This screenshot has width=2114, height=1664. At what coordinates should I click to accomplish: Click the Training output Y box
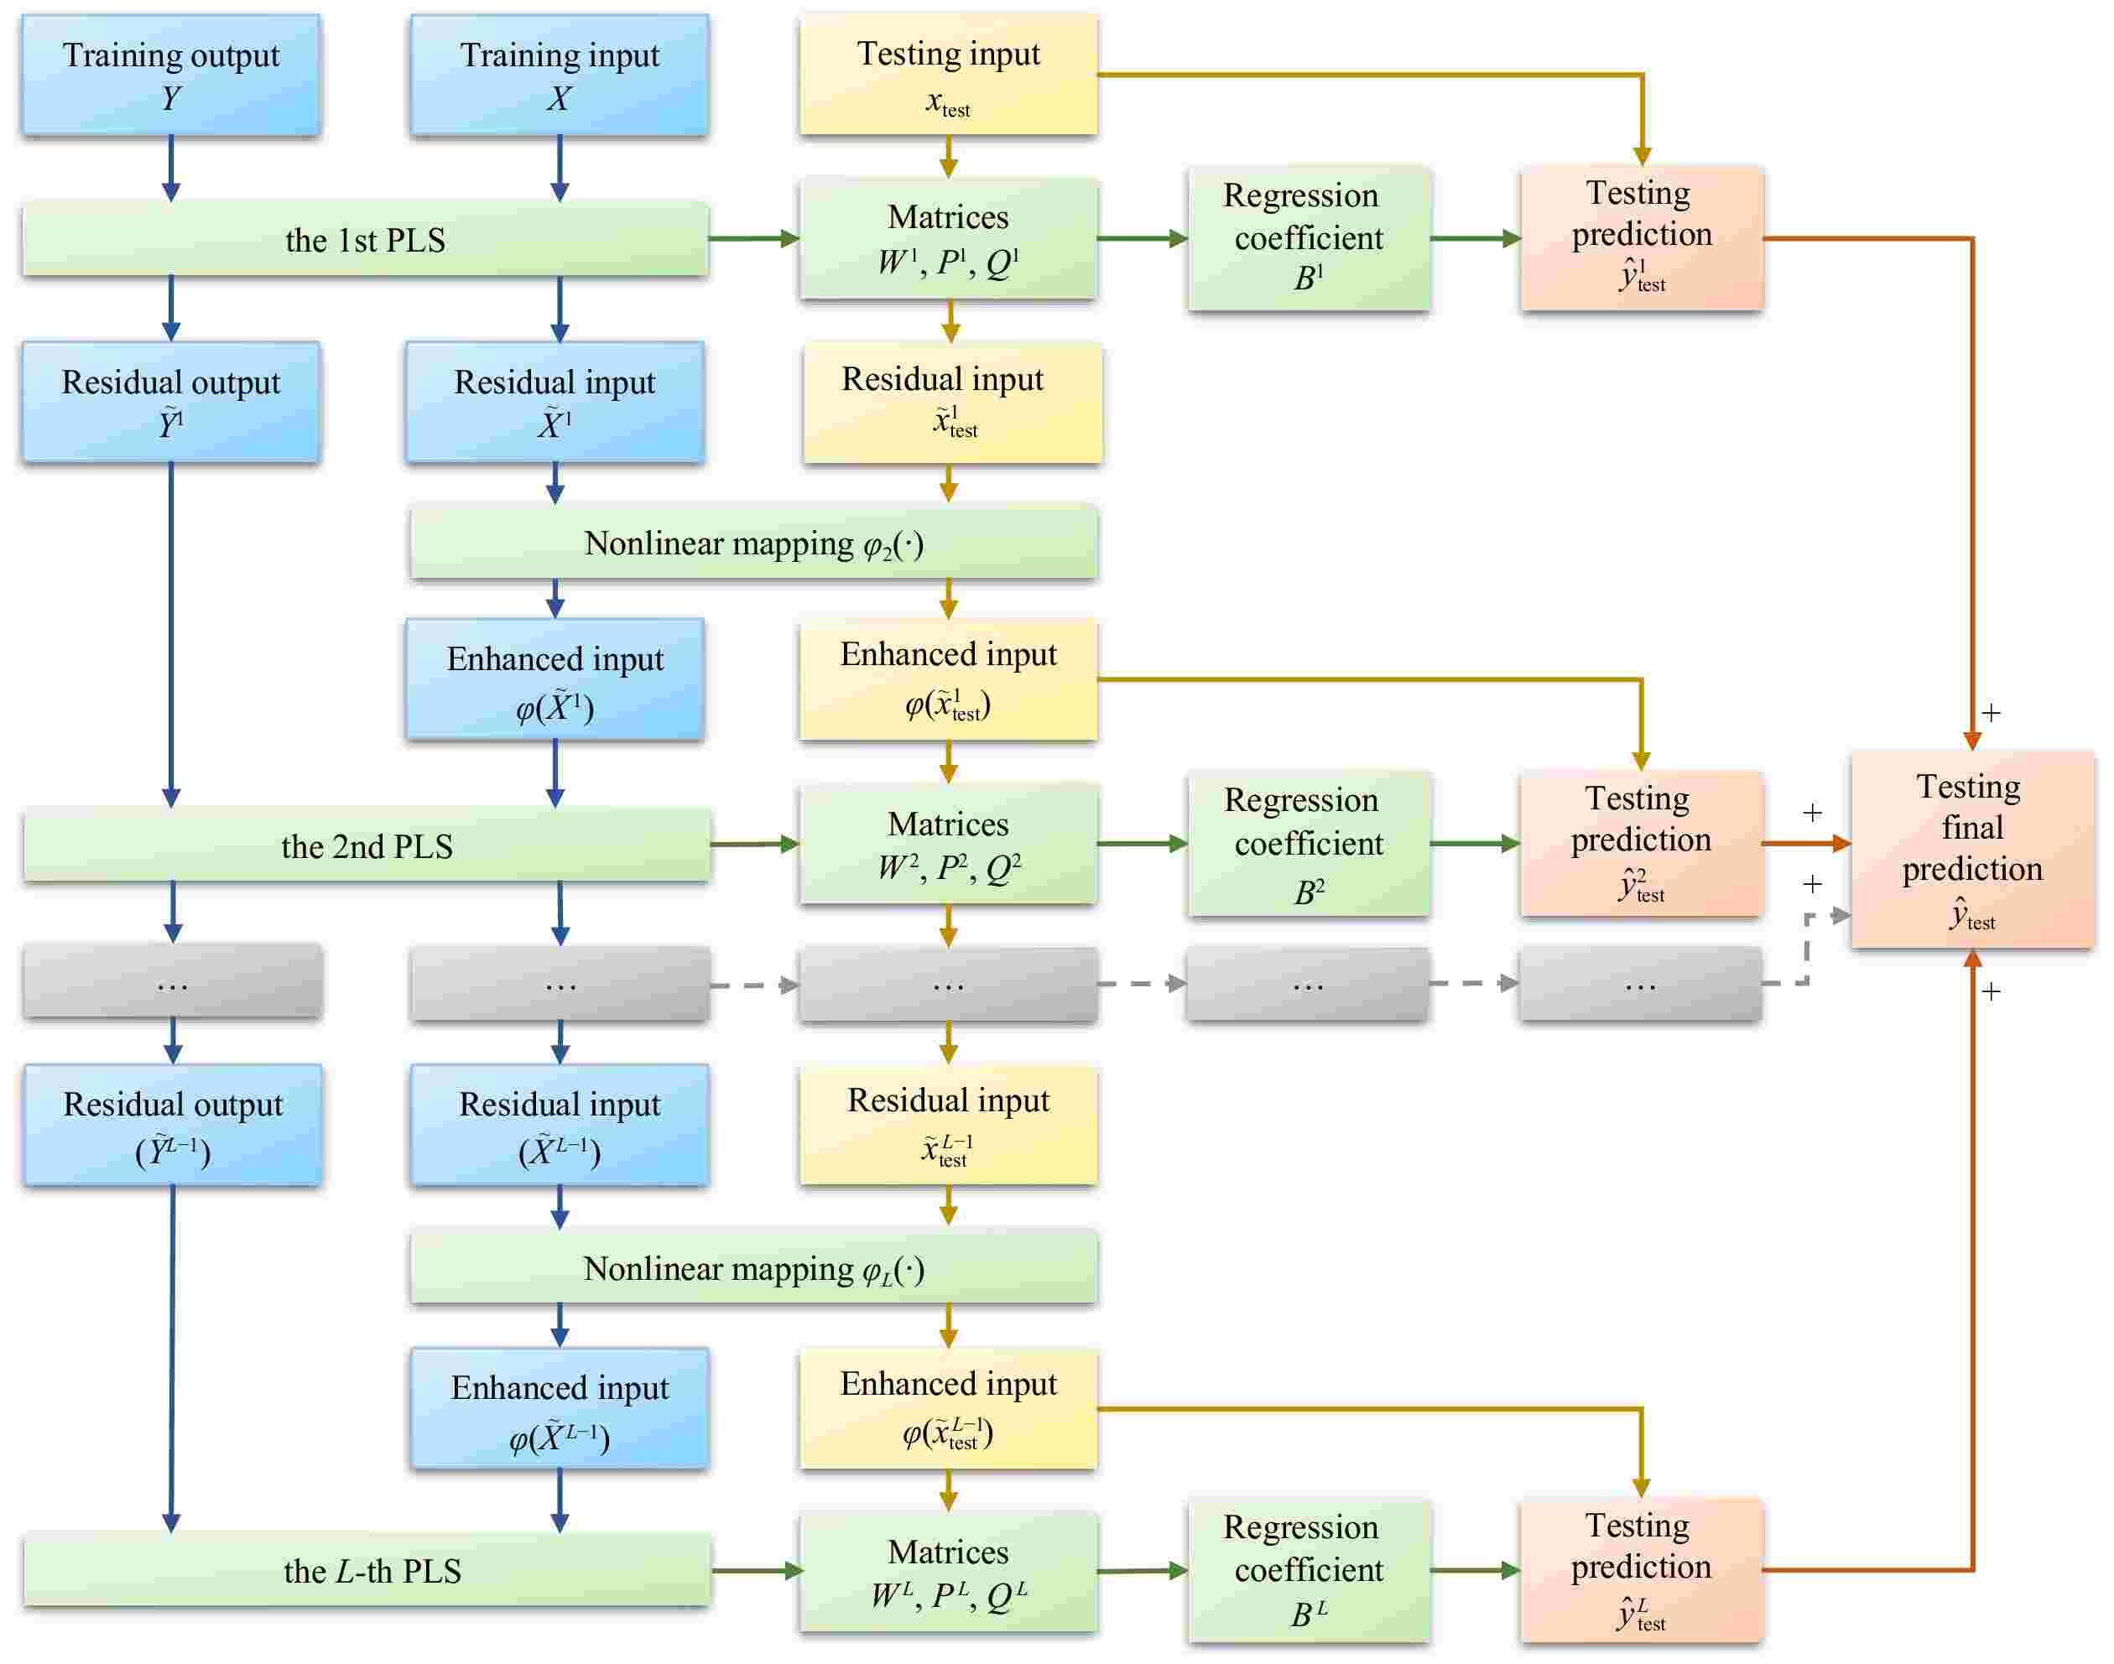tap(170, 75)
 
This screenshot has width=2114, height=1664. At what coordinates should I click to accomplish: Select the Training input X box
tap(560, 75)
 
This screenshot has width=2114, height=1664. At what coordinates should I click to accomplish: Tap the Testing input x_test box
tap(948, 75)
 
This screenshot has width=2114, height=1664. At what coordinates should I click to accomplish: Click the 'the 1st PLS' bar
tap(365, 239)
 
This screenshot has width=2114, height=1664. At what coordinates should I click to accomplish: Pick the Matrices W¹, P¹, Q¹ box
tap(948, 239)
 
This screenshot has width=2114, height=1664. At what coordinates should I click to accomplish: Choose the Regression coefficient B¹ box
tap(1309, 239)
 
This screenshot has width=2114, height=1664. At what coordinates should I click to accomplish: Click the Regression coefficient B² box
tap(1309, 844)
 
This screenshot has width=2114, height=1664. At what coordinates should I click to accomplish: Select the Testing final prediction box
tap(1971, 850)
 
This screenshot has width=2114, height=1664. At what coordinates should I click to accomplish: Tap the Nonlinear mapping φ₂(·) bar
tap(753, 543)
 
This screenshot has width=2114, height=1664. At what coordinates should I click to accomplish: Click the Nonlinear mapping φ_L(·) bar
tap(753, 1267)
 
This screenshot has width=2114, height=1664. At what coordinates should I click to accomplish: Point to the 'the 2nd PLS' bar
tap(367, 845)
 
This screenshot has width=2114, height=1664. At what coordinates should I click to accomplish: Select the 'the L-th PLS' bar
tap(367, 1569)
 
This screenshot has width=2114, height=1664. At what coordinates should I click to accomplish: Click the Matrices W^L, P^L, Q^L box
tap(948, 1570)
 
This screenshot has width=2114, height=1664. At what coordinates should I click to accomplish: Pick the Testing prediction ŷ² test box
tap(1641, 844)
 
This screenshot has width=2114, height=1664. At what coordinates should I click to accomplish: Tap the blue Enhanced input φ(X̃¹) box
tap(555, 680)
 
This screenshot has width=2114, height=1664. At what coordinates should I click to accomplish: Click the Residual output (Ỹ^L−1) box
tap(173, 1126)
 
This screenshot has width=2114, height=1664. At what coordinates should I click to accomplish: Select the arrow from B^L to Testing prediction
tap(1474, 1569)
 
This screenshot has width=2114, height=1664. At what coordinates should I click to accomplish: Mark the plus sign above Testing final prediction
tap(1992, 713)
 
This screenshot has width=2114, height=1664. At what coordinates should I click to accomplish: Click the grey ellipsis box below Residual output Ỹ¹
tap(173, 982)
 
